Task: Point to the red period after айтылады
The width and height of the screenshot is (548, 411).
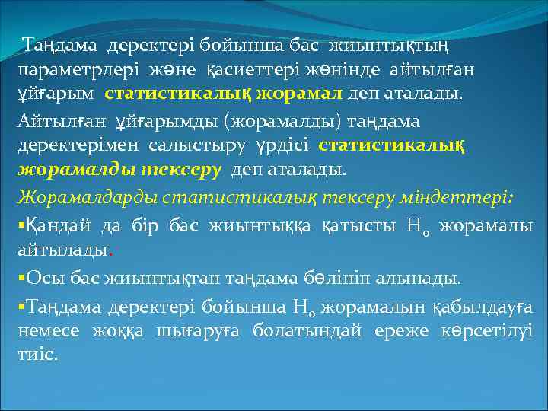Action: pyautogui.click(x=113, y=250)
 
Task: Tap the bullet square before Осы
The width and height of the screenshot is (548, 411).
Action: pyautogui.click(x=21, y=279)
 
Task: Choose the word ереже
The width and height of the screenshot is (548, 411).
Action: pyautogui.click(x=406, y=331)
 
